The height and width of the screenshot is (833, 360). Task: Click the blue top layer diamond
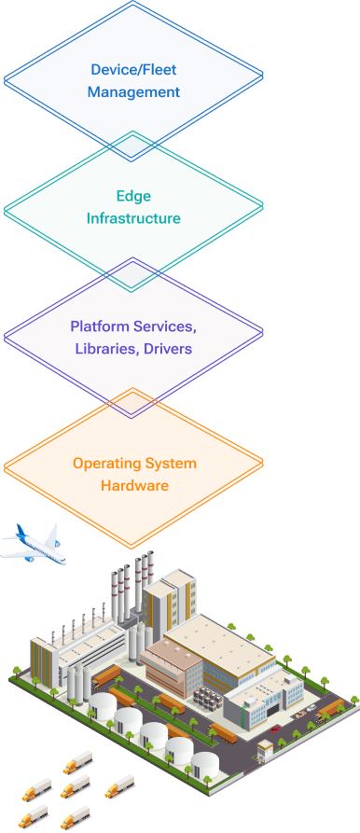133,56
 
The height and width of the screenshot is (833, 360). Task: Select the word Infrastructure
133,218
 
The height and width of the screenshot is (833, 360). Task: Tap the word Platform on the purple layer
101,327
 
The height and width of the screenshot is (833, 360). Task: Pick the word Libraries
106,349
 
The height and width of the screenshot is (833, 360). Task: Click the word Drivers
168,349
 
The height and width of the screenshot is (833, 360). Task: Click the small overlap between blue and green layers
133,146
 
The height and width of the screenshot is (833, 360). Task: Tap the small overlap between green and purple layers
133,272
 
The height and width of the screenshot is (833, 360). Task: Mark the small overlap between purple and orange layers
133,402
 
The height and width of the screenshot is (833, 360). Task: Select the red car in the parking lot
298,717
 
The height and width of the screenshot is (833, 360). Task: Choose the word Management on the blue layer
133,92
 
